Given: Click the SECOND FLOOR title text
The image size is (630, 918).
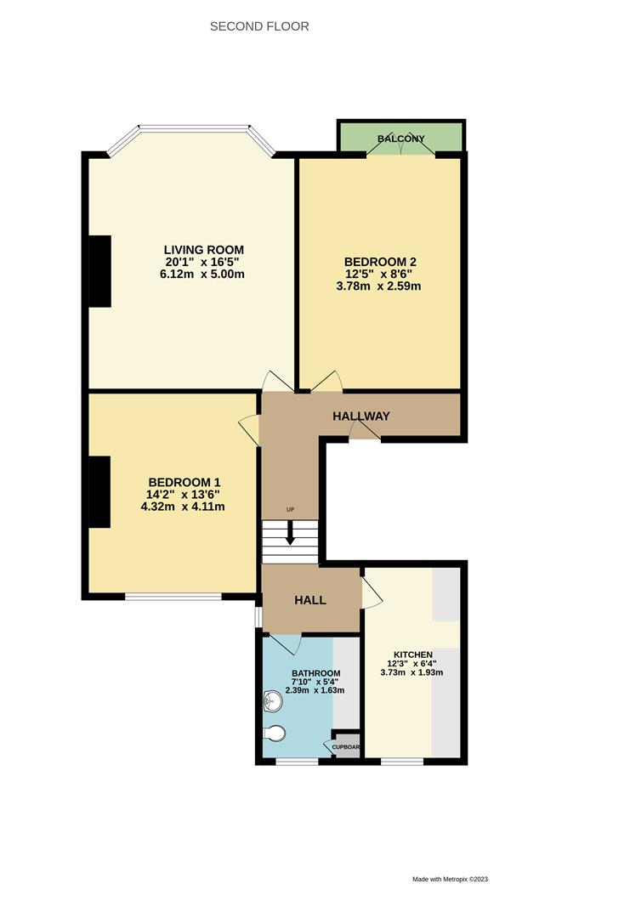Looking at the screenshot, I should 259,26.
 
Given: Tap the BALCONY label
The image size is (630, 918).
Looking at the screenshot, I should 401,139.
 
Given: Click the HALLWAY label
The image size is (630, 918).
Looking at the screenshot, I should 360,416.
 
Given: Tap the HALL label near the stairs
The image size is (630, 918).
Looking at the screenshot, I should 310,600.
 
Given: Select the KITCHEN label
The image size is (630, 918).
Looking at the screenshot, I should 411,654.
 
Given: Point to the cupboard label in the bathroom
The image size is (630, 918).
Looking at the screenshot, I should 346,747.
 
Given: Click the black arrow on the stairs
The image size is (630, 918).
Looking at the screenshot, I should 290,534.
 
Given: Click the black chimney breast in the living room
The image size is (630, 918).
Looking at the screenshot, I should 99,270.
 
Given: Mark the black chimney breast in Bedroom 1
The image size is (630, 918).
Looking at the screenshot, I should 99,492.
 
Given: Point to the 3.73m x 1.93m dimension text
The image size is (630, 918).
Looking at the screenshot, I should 411,672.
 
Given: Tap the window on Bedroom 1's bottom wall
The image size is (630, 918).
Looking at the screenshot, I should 173,596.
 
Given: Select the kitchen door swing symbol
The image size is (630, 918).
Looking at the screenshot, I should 372,593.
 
